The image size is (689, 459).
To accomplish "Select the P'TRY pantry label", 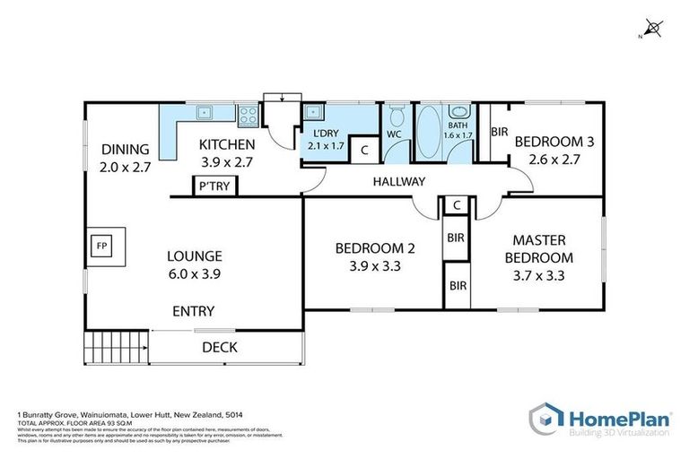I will coord(214,186).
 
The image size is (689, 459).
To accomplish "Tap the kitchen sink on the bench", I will coord(205,113).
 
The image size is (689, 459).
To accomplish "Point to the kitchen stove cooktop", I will coord(248,114).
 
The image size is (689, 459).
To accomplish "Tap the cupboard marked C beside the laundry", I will coord(364,151).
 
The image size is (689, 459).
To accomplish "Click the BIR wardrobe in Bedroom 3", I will coord(499,132).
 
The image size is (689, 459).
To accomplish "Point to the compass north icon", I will coord(655,30).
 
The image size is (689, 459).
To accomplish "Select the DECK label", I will coord(219,347).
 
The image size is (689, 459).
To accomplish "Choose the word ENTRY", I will coord(193,311).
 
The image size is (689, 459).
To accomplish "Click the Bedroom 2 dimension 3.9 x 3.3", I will coord(374,265).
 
